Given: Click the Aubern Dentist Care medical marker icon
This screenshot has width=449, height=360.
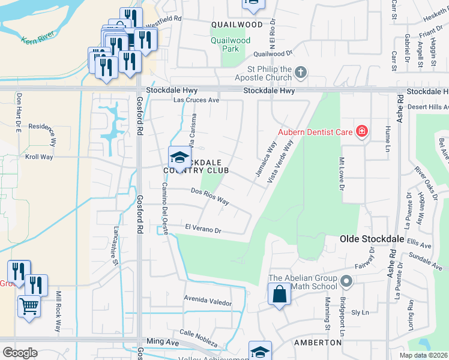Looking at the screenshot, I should tap(361, 131).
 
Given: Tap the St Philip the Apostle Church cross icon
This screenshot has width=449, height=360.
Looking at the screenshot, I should tap(301, 73).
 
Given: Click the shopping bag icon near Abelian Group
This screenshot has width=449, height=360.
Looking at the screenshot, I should tap(279, 295).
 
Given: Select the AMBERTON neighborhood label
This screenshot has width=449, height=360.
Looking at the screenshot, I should tap(318, 343).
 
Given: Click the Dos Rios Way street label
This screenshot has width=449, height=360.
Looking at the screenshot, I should tap(209, 196).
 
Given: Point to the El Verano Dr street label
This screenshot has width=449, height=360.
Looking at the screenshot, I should tap(203, 229).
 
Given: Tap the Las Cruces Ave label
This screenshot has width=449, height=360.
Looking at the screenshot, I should tap(196, 100).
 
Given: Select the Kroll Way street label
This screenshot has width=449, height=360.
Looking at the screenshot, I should tap(38, 157).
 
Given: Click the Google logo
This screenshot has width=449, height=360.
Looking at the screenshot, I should tap(20, 352).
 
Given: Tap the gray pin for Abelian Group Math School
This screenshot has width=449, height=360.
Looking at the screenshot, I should tap(346, 281).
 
